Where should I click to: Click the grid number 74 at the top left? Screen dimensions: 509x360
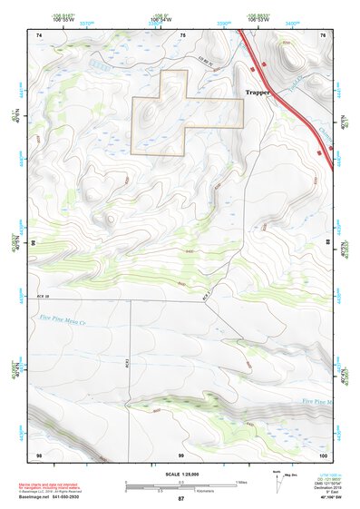38,34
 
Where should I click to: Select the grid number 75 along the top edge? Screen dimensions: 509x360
183,34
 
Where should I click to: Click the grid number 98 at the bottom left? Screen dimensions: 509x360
38,454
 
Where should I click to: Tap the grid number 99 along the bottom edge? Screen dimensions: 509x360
180,454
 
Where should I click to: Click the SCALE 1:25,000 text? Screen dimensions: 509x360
180,473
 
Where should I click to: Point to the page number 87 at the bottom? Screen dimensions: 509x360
180,499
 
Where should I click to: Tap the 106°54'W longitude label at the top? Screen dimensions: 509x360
160,18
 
